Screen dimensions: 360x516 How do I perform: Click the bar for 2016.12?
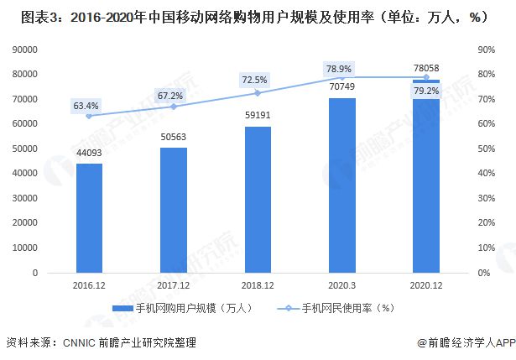point(89,218)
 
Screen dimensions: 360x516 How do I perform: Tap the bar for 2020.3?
point(341,185)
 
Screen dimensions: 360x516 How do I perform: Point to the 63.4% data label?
point(86,106)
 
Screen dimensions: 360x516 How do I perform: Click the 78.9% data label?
point(340,67)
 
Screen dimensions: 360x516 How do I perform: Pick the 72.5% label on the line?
point(254,80)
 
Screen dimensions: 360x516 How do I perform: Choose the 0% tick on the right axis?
point(482,273)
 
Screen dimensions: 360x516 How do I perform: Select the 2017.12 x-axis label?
point(174,285)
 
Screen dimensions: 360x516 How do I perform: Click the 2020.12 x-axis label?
point(426,285)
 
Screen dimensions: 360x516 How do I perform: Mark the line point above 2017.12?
point(174,107)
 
